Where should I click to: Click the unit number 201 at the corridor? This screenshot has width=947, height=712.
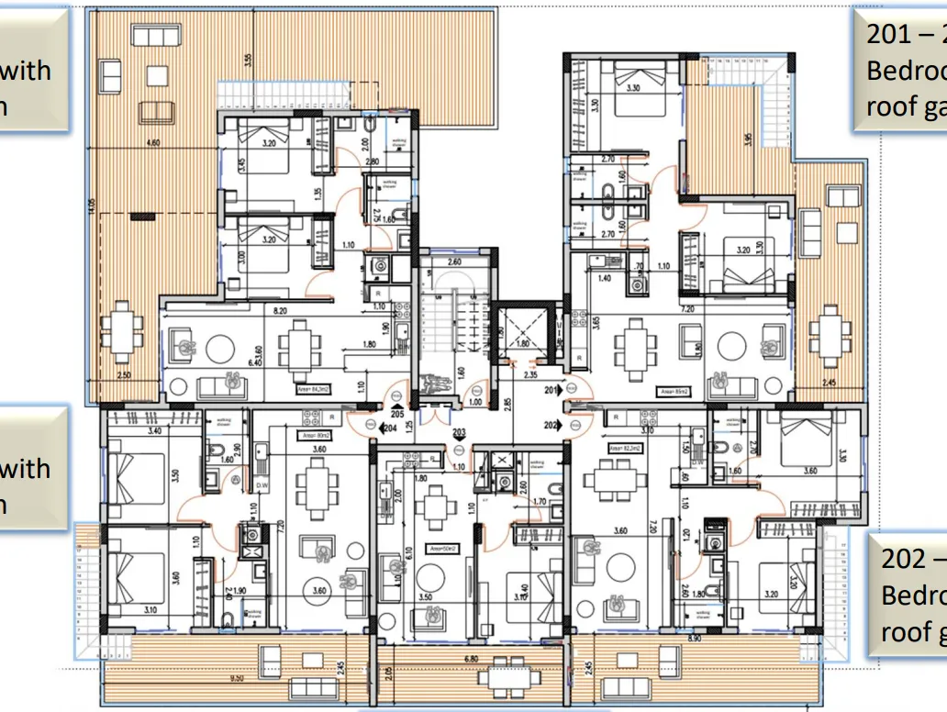[551, 390]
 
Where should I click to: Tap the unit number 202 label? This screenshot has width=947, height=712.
[551, 425]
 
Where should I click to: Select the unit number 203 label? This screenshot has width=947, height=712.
[459, 432]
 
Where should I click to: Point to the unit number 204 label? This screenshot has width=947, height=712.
[389, 427]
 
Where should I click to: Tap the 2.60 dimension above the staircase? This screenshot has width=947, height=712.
[453, 262]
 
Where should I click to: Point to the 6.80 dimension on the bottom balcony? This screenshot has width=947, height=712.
[471, 659]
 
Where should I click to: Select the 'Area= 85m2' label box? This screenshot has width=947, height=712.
[674, 391]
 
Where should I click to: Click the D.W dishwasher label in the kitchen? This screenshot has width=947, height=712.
[262, 485]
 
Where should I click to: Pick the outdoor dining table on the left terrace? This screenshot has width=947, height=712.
[121, 331]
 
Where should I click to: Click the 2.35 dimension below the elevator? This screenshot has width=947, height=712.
[530, 374]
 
